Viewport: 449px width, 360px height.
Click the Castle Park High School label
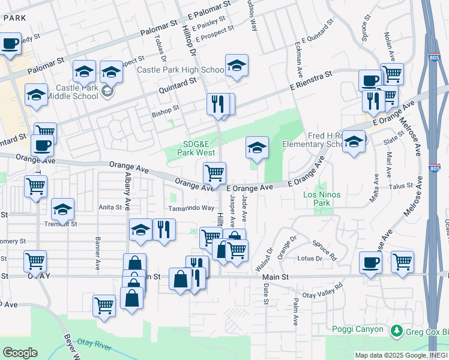180,70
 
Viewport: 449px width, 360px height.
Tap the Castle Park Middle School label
76,92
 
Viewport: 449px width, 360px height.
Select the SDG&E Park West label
199,148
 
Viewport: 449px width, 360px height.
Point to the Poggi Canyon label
357,329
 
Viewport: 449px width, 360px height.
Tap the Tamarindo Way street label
191,208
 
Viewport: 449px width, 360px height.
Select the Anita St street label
110,208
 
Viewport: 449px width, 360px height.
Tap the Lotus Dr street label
310,258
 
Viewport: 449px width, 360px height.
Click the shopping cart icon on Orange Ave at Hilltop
214,173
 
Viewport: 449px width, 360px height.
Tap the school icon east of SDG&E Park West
257,148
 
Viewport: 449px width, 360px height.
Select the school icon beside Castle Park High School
237,66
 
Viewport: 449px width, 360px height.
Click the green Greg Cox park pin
396,331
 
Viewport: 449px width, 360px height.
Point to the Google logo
20,353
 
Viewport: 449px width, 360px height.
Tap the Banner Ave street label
97,252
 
